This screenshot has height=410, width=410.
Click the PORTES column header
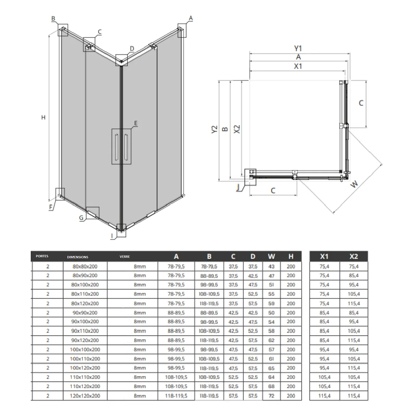click(x=42, y=256)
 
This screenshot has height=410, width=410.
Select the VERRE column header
click(x=124, y=257)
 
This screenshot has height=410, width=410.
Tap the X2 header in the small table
click(x=354, y=256)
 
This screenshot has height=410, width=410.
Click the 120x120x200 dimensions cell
click(x=85, y=396)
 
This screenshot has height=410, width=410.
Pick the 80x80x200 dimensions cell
click(x=85, y=266)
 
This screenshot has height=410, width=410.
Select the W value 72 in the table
click(x=271, y=396)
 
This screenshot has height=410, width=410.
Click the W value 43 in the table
click(x=271, y=266)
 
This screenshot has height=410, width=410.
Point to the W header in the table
click(x=271, y=256)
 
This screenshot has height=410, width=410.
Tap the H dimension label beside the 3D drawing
click(x=43, y=117)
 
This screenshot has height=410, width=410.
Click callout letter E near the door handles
click(x=136, y=123)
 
